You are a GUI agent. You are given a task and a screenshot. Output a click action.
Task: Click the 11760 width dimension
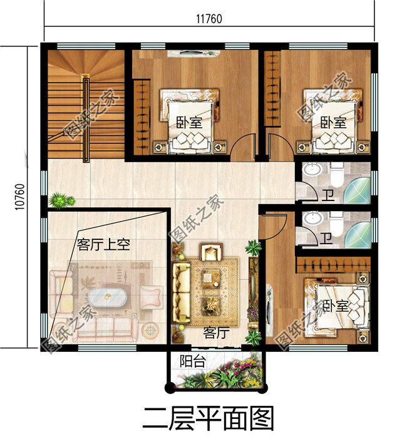pyautogui.click(x=209, y=19)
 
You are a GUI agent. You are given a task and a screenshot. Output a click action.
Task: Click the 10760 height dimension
pyautogui.click(x=19, y=197)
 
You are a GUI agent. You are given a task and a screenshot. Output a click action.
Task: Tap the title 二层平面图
pyautogui.click(x=209, y=418)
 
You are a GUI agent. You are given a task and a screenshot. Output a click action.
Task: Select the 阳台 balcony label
pyautogui.click(x=192, y=361)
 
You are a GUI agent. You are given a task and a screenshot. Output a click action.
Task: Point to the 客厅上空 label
pyautogui.click(x=103, y=244)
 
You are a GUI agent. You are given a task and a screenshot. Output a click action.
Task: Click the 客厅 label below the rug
pyautogui.click(x=215, y=333)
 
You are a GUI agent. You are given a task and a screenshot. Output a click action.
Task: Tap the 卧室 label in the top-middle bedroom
pyautogui.click(x=188, y=122)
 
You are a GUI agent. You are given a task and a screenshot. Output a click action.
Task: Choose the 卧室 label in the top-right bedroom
pyautogui.click(x=333, y=122)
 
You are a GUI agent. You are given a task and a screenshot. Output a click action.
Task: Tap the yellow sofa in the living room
pyautogui.click(x=182, y=290)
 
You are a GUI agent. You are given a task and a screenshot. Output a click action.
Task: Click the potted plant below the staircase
pyautogui.click(x=61, y=201)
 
